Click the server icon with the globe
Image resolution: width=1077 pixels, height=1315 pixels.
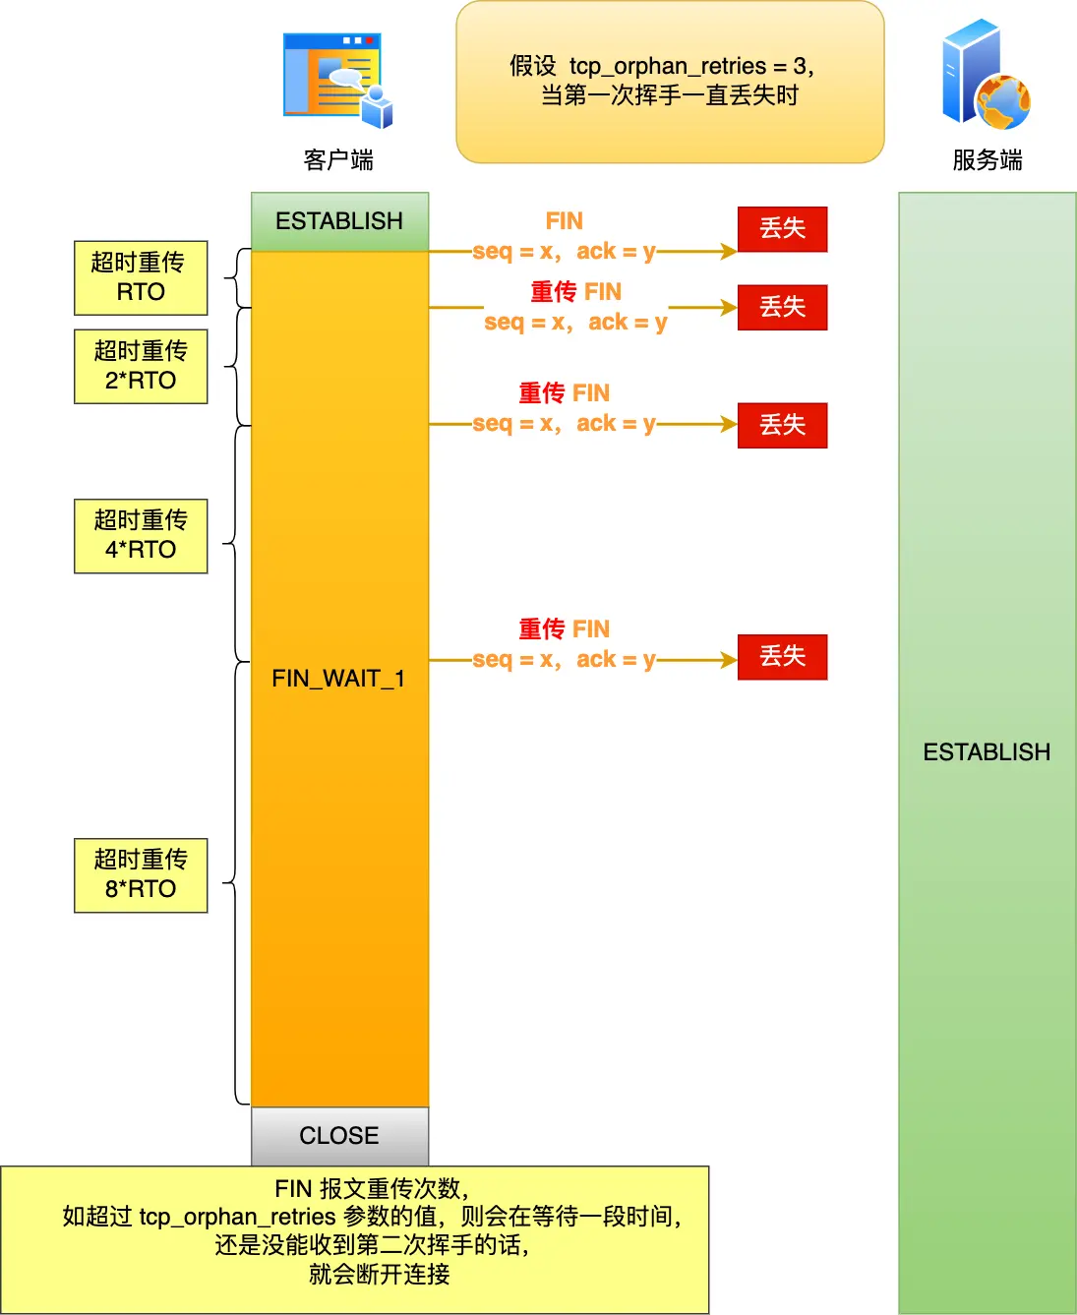(x=986, y=76)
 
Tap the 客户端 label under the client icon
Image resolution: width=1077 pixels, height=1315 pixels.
(x=338, y=159)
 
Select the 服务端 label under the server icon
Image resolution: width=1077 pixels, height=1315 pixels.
(x=987, y=159)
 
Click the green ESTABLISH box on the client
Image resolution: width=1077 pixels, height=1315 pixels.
(x=339, y=221)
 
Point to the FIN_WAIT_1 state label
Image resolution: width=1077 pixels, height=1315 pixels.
(x=338, y=679)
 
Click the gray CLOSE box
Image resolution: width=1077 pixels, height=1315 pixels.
(x=339, y=1136)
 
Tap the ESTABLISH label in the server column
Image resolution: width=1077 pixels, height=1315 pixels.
(x=987, y=752)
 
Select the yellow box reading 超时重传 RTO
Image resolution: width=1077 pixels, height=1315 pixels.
(x=141, y=277)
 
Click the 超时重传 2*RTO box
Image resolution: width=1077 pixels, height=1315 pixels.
(x=141, y=366)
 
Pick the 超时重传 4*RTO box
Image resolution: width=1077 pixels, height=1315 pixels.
(x=141, y=536)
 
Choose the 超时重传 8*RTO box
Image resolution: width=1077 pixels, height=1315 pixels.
(x=141, y=875)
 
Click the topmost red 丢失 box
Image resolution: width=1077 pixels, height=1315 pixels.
(x=782, y=229)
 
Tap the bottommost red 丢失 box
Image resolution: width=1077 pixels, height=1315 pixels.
(x=782, y=657)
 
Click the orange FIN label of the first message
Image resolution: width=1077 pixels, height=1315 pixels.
(x=564, y=221)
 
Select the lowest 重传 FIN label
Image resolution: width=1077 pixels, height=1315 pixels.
(x=564, y=629)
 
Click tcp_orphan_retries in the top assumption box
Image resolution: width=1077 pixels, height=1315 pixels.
(x=668, y=67)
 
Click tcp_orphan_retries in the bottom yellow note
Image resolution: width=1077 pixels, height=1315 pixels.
(x=237, y=1217)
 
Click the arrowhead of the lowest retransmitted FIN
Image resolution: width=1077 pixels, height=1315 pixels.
(x=729, y=660)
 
